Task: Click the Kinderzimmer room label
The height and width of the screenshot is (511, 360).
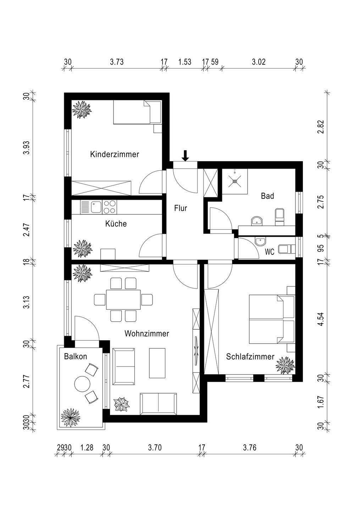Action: (x=115, y=154)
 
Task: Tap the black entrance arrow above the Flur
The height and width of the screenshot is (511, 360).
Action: (x=185, y=156)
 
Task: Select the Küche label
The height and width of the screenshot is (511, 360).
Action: (x=116, y=224)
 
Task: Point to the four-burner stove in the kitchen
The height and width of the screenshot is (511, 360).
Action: (x=110, y=207)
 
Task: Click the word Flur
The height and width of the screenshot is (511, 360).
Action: (x=181, y=208)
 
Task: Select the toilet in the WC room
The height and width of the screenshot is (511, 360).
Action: (x=286, y=249)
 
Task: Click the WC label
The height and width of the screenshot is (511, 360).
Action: (x=270, y=252)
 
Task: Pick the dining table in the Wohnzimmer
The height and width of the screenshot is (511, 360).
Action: (x=123, y=299)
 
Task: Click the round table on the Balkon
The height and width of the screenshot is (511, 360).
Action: (x=82, y=384)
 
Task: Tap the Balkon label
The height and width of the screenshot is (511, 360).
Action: (x=76, y=357)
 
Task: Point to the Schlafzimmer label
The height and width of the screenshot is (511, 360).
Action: (x=250, y=357)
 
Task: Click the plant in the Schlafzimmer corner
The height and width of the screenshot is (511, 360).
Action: (x=285, y=366)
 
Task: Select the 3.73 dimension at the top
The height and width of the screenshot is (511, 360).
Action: (x=117, y=62)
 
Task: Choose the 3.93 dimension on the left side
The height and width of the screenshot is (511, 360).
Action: (x=27, y=148)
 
